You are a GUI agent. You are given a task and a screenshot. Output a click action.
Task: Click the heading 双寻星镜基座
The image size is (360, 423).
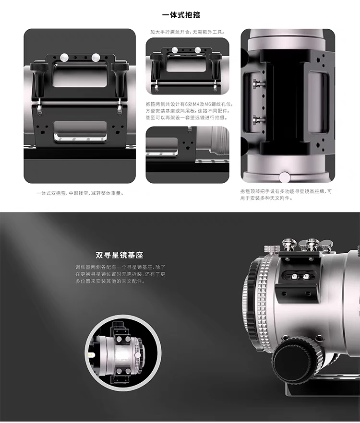point(119,255)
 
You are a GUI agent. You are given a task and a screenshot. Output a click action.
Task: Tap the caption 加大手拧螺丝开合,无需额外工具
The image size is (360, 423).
point(187,33)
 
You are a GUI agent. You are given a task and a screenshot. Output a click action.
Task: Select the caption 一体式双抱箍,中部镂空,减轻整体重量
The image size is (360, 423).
point(80,193)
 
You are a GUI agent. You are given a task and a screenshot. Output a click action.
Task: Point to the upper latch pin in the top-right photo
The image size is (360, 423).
point(258,84)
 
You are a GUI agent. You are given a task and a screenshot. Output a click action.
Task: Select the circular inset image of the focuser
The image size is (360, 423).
point(123,350)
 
